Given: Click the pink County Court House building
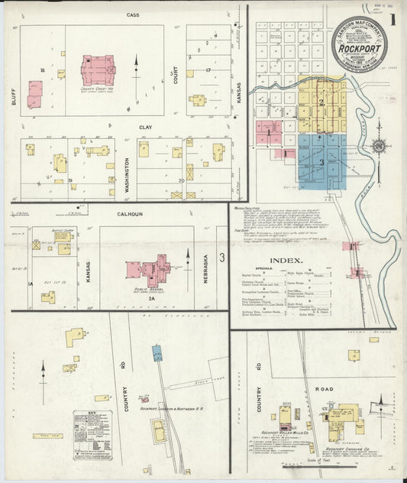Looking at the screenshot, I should point(98,69).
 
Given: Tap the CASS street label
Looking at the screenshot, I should point(133,15).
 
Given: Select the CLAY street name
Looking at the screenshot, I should point(145,127).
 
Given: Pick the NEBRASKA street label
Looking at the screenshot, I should point(205,269).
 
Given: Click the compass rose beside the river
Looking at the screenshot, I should point(378,145).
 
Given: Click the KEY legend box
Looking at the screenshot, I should point(92,435).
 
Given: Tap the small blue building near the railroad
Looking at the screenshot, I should point(157,352).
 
